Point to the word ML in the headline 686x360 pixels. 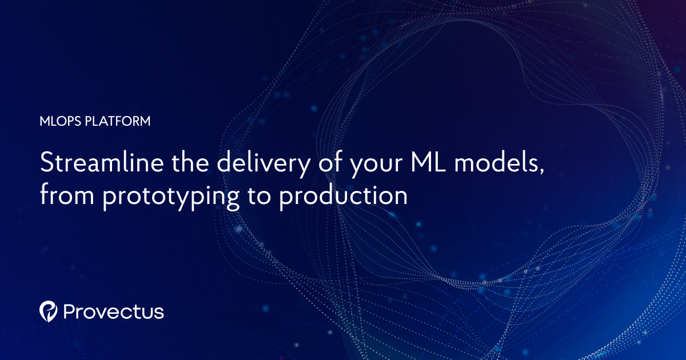point(423,165)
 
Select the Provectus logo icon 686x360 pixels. point(49,311)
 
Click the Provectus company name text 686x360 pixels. point(114,311)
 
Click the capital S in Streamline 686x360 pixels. point(46,165)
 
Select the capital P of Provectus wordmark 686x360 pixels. point(70,311)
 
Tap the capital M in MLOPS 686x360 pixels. point(44,121)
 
